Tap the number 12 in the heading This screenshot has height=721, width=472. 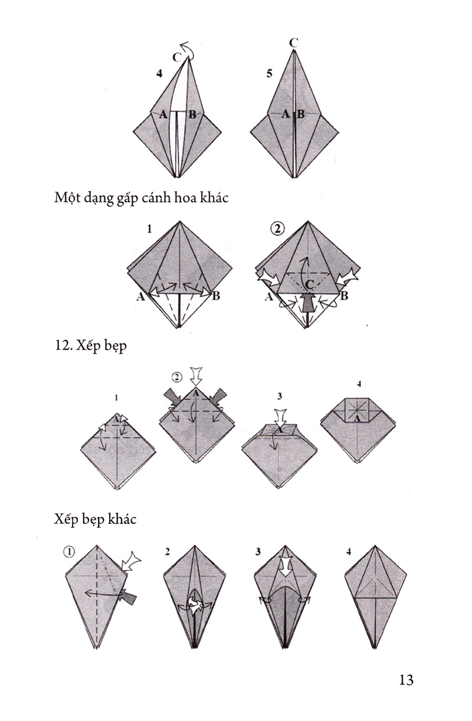pos(61,346)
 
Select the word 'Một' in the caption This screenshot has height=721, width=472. pos(66,197)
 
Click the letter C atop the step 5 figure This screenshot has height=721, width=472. pos(293,43)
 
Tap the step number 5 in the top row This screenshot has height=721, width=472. pos(270,74)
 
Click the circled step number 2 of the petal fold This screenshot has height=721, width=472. pos(278,229)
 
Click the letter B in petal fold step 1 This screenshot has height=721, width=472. pos(217,295)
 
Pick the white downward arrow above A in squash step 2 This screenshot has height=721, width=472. pos(196,376)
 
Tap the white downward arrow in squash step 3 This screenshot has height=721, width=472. pos(280,418)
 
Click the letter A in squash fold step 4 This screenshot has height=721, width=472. pos(356,418)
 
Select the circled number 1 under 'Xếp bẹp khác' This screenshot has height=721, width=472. pos(69,552)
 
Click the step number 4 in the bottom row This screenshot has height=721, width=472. pos(348,552)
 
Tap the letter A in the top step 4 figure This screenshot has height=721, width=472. pos(163,114)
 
